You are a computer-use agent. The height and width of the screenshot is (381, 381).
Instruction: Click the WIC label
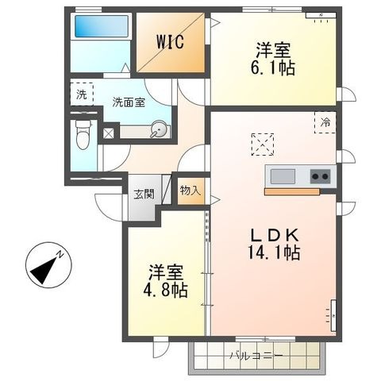(170, 41)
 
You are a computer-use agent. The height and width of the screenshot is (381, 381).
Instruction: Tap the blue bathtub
(102, 26)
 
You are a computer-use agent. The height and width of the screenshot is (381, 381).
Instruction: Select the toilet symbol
(83, 135)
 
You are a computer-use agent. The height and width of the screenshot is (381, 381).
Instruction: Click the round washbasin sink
(158, 129)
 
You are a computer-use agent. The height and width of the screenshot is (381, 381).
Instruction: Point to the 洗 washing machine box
(82, 94)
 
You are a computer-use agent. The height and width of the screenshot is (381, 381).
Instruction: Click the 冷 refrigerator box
(325, 122)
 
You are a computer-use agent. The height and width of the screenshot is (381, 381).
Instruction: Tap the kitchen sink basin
(283, 176)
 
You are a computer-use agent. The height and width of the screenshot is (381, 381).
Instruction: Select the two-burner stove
(321, 176)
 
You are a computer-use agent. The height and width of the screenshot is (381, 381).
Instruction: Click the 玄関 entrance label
(144, 194)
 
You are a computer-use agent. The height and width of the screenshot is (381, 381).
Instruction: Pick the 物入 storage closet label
(190, 190)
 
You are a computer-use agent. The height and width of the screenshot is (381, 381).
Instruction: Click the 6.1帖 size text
(273, 69)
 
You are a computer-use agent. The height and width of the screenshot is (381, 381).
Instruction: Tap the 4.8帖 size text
(166, 291)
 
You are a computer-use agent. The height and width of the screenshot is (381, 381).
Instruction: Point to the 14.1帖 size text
(274, 252)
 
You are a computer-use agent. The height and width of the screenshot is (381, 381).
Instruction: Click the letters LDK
(275, 235)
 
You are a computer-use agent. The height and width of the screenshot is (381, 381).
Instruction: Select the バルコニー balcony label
(256, 356)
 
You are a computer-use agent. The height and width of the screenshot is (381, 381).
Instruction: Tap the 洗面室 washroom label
(129, 102)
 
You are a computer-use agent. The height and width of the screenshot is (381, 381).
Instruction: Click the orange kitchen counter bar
(292, 192)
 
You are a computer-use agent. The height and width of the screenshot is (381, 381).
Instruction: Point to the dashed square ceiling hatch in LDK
(263, 144)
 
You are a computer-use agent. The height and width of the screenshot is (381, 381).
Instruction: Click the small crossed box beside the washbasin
(109, 133)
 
